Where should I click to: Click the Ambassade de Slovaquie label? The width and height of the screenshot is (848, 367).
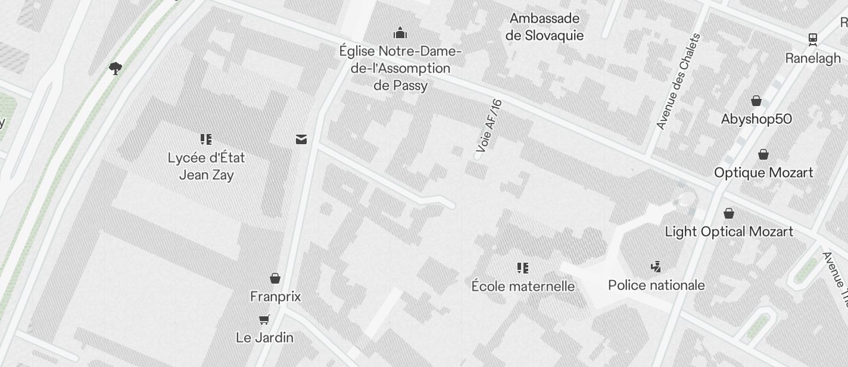tap(544, 27)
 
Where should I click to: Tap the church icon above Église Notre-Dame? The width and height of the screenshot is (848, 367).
tap(400, 32)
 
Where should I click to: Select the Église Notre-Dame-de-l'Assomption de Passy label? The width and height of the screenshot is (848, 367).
tap(400, 68)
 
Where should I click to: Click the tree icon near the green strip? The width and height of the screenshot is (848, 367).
tap(116, 69)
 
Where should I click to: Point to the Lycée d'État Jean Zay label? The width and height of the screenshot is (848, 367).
tap(206, 166)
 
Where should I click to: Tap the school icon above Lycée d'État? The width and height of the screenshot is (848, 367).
tap(206, 140)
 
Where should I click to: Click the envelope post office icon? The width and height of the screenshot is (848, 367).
tap(301, 139)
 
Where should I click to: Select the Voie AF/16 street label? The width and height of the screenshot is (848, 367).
tap(490, 126)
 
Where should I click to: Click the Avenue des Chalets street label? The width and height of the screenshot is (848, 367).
tap(678, 82)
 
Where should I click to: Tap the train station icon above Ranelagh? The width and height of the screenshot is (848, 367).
tap(812, 39)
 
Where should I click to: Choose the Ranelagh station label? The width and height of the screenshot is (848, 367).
tap(813, 58)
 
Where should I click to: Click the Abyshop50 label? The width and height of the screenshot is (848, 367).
tap(756, 119)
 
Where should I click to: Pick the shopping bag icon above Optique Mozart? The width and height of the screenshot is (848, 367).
tap(763, 155)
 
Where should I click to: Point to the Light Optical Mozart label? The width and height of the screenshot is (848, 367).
tap(729, 232)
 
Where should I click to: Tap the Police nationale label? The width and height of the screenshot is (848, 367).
tap(656, 285)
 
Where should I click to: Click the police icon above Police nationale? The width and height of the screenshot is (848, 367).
tap(656, 267)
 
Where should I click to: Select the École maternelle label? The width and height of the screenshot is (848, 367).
tap(523, 287)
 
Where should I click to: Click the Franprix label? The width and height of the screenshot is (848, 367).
tap(275, 297)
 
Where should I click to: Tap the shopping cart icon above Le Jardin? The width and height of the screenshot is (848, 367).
tap(264, 319)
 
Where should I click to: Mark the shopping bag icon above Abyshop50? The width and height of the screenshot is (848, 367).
tap(756, 101)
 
